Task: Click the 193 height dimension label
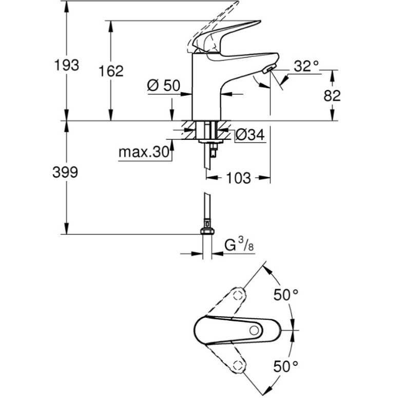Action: pos(67,65)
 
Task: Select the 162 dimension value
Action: pos(111,71)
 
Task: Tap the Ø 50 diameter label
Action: pos(163,86)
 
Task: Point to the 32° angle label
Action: pos(306,65)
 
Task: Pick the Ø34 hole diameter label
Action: pos(249,135)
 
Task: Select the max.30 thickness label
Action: pos(144,152)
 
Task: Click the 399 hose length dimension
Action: pos(65,173)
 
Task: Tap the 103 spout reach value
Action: pos(238,178)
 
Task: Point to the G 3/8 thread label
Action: pos(240,245)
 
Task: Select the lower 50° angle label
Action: pos(285,366)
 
